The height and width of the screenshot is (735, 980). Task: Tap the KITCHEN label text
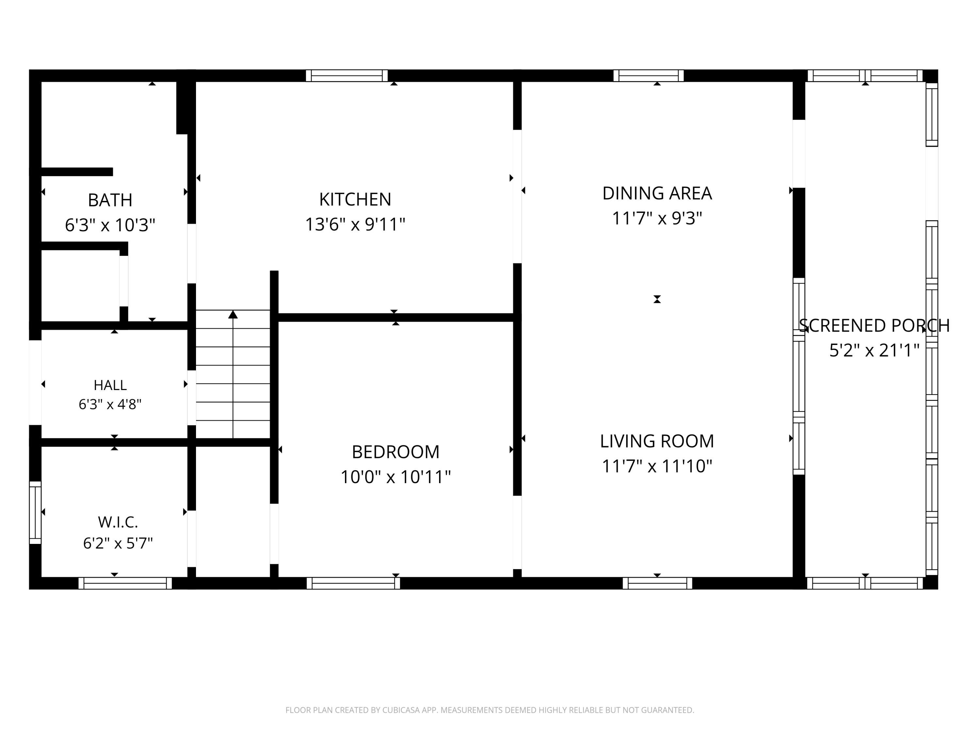(355, 199)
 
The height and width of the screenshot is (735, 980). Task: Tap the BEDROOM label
(396, 452)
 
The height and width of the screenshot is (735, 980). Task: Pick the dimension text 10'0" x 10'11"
(396, 477)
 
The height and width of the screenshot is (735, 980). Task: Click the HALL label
(110, 385)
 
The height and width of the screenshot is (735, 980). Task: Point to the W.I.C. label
(118, 522)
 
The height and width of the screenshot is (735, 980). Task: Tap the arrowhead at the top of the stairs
(233, 314)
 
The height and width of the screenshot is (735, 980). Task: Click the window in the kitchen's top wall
(347, 76)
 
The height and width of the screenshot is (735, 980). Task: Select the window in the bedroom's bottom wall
(353, 583)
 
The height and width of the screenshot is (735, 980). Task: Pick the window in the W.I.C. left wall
(35, 513)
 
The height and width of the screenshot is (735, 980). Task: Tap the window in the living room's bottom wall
(658, 583)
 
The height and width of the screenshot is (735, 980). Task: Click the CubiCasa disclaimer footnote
(490, 710)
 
